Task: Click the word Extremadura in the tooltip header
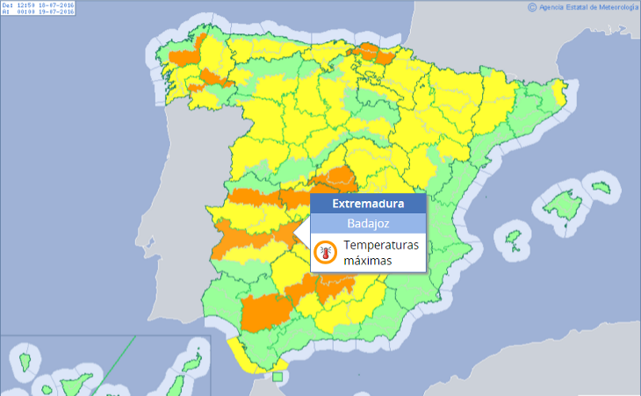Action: [x=368, y=204]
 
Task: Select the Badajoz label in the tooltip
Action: [x=368, y=223]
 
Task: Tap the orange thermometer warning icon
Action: [x=326, y=253]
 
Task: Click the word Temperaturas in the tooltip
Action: [x=382, y=245]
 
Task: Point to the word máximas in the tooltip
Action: [x=368, y=261]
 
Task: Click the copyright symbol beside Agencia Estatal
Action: [x=532, y=7]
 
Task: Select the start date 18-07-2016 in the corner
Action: [x=52, y=5]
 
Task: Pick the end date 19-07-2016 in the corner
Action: [x=52, y=12]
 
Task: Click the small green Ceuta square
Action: [x=277, y=378]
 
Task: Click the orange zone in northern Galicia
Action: [x=184, y=57]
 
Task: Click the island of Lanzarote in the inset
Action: [x=194, y=361]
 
